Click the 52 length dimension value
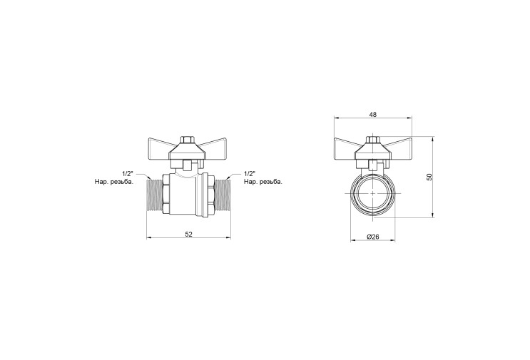point(188,235)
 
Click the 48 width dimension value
point(373,115)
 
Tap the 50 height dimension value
point(429,177)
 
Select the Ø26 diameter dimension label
point(373,237)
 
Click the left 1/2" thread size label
point(128,173)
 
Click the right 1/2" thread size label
point(250,173)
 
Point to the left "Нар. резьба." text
point(114,182)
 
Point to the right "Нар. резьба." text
point(263,182)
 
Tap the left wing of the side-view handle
point(160,145)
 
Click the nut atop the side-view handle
point(187,140)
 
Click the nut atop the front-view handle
point(373,140)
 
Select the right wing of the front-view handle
point(399,145)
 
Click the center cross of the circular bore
point(373,193)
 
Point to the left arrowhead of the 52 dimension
point(148,238)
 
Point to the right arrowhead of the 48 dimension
point(410,118)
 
